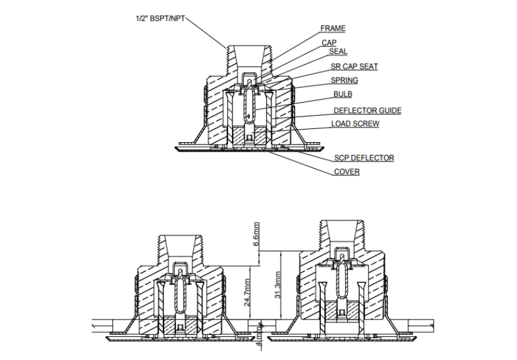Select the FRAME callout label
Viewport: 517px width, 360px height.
(x=333, y=28)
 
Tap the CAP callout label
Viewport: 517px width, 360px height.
(x=329, y=43)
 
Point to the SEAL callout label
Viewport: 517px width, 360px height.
(x=338, y=52)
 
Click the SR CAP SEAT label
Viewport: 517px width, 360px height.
(x=354, y=66)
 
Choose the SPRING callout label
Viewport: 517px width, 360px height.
(x=344, y=80)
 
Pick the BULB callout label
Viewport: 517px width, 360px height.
(x=342, y=95)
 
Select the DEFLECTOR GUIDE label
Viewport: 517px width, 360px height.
(x=367, y=111)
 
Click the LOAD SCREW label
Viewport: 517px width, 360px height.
(x=355, y=124)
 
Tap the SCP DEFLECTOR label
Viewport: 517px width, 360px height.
(x=363, y=158)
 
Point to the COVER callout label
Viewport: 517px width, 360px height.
(x=347, y=172)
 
